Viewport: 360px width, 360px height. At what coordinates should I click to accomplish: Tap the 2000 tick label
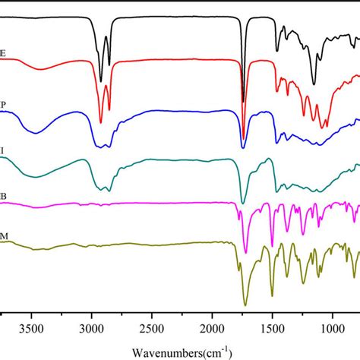[212, 331]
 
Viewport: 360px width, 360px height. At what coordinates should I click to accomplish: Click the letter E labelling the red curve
[4, 52]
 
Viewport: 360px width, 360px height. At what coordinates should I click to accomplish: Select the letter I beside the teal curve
[2, 150]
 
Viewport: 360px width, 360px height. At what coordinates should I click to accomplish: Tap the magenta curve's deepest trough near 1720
[245, 253]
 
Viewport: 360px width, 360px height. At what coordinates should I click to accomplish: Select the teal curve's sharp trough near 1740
[243, 203]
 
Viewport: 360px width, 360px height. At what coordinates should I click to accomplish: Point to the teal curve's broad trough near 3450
[34, 176]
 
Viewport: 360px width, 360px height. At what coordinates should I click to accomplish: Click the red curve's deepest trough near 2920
[101, 122]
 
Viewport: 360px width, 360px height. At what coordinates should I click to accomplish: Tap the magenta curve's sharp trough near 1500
[272, 245]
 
